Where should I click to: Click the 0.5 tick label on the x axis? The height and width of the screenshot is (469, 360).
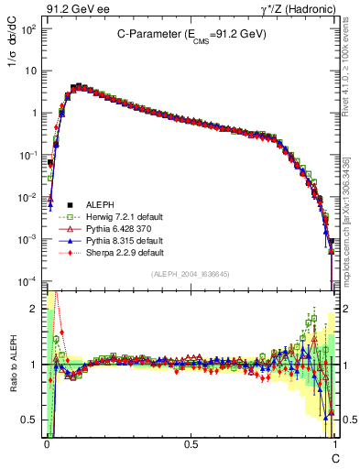tap(191, 443)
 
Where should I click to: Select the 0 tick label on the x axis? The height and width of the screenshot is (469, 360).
tap(47, 443)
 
